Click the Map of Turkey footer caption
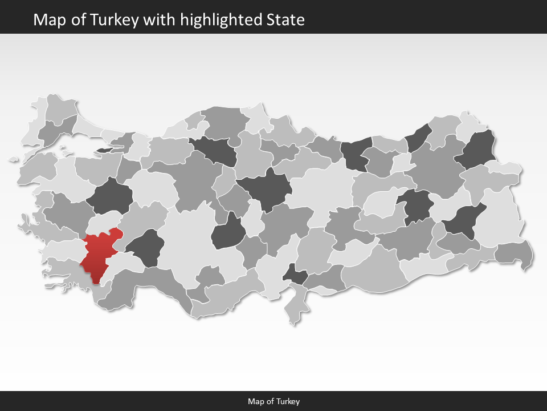tap(273, 401)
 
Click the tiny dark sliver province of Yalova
tap(106, 150)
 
